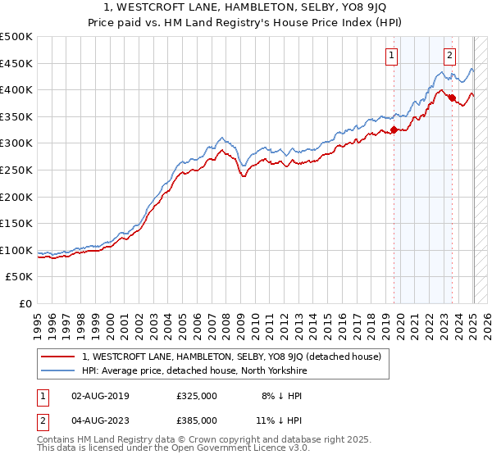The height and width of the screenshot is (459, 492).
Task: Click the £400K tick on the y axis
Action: click(17, 89)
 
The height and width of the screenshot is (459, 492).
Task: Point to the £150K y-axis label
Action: click(17, 223)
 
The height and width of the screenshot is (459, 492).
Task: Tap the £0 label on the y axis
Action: click(25, 303)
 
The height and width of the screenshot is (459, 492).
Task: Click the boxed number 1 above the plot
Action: click(392, 56)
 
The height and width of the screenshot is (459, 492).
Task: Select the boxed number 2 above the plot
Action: click(450, 56)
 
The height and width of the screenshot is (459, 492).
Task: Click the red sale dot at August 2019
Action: click(394, 130)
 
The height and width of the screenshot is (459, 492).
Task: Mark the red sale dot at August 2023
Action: click(452, 98)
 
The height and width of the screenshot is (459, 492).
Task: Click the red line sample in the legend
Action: click(58, 357)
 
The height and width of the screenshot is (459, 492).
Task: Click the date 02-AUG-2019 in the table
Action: click(101, 396)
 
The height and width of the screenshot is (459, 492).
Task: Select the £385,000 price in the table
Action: click(197, 420)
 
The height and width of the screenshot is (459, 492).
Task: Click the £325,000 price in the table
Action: click(197, 396)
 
